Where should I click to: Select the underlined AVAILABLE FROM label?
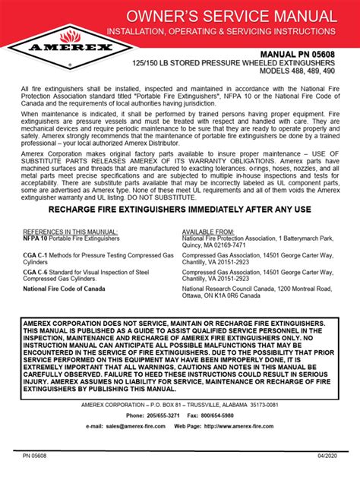[210, 231]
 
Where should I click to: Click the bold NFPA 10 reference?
[36, 238]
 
